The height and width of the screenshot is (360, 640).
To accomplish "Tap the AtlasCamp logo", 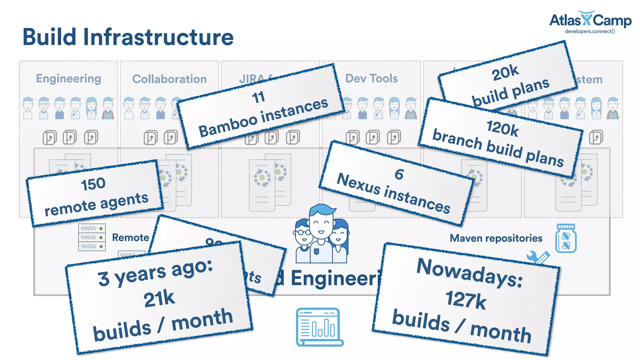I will pyautogui.click(x=590, y=20).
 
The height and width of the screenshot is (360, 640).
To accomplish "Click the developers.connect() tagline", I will pyautogui.click(x=590, y=31).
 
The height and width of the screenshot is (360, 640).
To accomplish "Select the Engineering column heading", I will pyautogui.click(x=68, y=78).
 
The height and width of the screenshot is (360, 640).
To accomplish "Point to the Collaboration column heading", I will pyautogui.click(x=169, y=79).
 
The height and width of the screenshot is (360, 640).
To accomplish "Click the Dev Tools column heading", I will pyautogui.click(x=371, y=78).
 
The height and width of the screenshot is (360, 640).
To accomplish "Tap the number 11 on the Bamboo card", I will pyautogui.click(x=258, y=97).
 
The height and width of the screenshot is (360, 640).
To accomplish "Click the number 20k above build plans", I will pyautogui.click(x=505, y=72).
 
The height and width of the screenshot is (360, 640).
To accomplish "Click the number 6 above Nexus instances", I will pyautogui.click(x=399, y=174).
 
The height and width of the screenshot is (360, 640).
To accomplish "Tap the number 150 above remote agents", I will pyautogui.click(x=93, y=184).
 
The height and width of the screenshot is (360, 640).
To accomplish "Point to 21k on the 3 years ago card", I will pyautogui.click(x=159, y=298).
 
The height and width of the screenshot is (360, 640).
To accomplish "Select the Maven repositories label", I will pyautogui.click(x=496, y=238).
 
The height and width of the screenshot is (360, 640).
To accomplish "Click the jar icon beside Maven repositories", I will pyautogui.click(x=566, y=238).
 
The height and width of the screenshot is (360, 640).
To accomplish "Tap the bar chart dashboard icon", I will pyautogui.click(x=319, y=327).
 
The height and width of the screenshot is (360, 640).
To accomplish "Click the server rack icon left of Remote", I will pyautogui.click(x=92, y=237).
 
